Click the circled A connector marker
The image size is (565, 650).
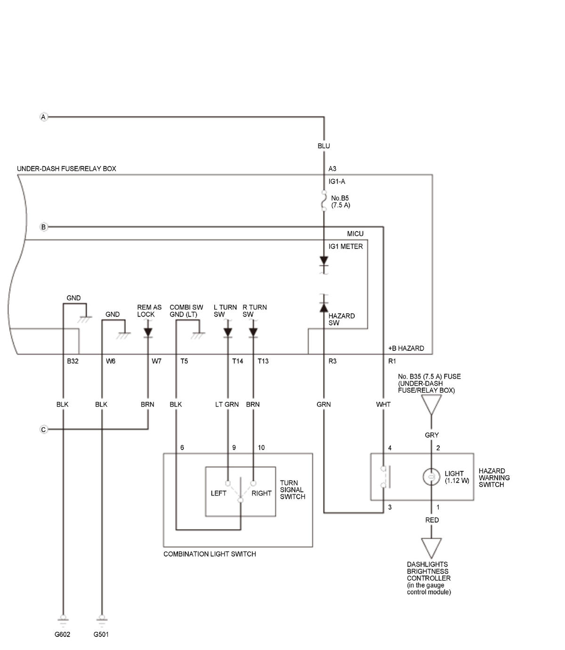click(x=43, y=117)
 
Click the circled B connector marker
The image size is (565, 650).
click(x=43, y=227)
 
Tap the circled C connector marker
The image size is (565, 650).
click(x=43, y=430)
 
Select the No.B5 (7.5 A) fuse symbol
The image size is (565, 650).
click(x=324, y=201)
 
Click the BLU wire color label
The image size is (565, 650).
click(x=323, y=146)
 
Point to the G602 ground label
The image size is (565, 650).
click(x=62, y=634)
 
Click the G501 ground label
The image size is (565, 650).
click(x=101, y=634)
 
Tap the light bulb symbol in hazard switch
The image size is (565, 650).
click(x=431, y=477)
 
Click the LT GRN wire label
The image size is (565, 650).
click(x=227, y=405)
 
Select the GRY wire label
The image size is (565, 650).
click(x=432, y=435)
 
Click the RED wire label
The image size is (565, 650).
click(x=432, y=520)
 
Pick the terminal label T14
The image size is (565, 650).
click(x=238, y=361)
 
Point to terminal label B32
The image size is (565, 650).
click(x=73, y=361)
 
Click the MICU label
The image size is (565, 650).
click(x=355, y=234)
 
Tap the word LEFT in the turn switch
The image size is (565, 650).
click(x=218, y=493)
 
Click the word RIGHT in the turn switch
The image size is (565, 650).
click(x=261, y=493)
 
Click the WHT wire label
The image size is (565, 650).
click(x=383, y=405)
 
